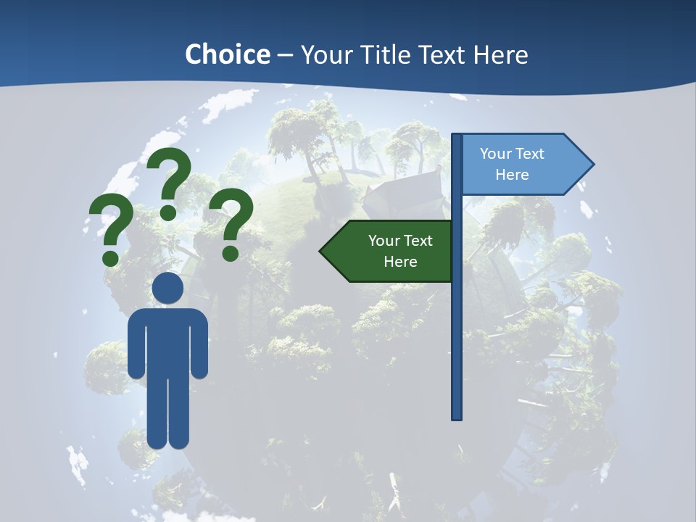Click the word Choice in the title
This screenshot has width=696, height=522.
pos(227,54)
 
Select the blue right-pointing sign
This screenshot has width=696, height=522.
pos(522,164)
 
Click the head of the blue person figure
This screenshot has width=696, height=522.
pos(167,288)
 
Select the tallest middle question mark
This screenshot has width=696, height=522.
pos(170,181)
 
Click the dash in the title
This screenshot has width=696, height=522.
pos(285,55)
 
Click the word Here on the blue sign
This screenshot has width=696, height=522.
pos(512,175)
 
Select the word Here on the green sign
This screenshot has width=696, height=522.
pos(400,262)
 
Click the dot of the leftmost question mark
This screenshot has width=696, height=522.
pos(111,257)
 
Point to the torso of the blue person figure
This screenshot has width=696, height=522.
pos(168,341)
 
